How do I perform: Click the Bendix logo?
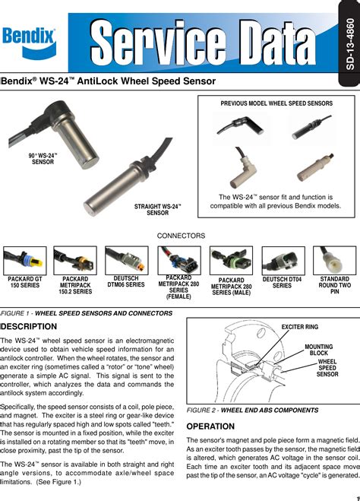click(29, 35)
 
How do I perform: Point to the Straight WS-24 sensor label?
click(157, 210)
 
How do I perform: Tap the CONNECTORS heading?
click(181, 236)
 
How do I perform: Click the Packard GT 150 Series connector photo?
click(24, 260)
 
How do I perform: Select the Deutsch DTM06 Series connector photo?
click(126, 260)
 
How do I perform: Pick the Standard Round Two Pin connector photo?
click(335, 260)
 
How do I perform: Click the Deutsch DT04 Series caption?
click(282, 283)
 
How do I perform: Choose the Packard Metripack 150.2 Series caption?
click(74, 285)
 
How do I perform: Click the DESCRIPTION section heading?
click(30, 325)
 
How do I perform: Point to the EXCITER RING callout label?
click(300, 326)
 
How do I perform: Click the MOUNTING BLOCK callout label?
click(319, 350)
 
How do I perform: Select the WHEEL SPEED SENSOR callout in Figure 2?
click(327, 368)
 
